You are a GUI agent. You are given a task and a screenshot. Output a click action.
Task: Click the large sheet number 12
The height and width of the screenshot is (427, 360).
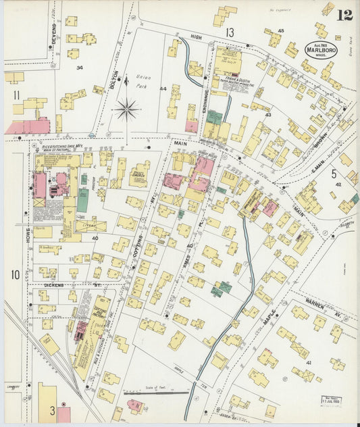(345, 14)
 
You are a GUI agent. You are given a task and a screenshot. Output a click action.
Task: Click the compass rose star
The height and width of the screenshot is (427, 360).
(126, 109)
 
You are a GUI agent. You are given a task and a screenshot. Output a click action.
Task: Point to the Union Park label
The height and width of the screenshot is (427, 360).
(143, 81)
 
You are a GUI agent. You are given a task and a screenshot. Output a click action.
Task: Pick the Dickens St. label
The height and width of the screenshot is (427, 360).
(54, 285)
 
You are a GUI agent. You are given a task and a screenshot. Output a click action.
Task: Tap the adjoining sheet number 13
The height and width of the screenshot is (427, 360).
(230, 32)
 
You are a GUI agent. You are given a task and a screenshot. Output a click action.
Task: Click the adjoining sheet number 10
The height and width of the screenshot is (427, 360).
(15, 274)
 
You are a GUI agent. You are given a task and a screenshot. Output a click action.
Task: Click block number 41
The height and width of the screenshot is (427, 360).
(309, 363)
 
